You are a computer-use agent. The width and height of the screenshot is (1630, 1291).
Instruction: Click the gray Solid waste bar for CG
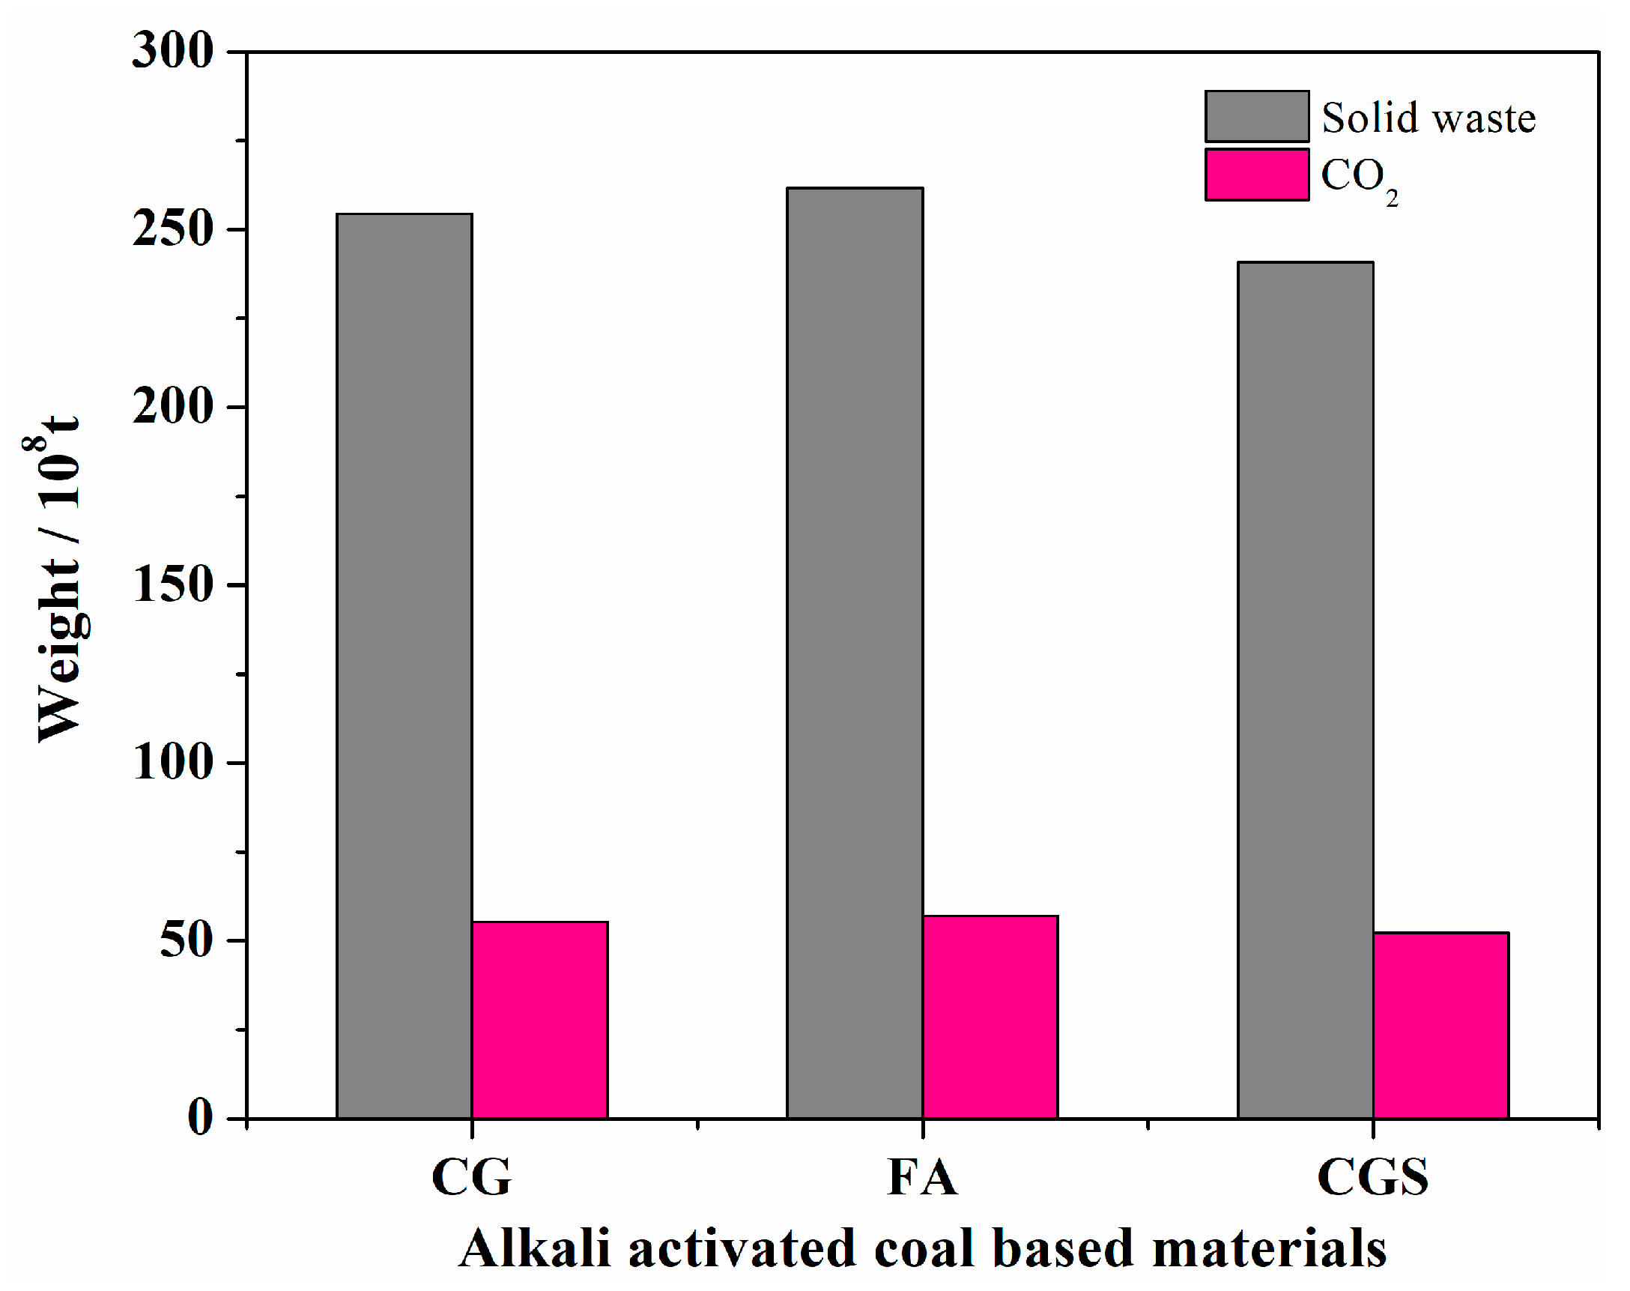click(x=404, y=665)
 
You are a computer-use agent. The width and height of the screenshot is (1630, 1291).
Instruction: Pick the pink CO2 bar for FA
click(x=990, y=1016)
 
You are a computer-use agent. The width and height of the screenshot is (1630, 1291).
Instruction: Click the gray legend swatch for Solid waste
click(x=1256, y=116)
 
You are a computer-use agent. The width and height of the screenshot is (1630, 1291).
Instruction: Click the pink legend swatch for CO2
click(x=1256, y=175)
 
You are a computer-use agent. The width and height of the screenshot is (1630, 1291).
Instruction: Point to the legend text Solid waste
click(x=1428, y=118)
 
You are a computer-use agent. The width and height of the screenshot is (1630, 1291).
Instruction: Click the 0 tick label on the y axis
click(x=200, y=1117)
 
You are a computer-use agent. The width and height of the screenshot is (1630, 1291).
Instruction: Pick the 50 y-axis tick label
click(x=186, y=940)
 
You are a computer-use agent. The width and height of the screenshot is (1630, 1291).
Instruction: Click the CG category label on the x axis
click(x=471, y=1177)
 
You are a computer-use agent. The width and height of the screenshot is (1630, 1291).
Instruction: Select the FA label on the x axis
click(x=922, y=1177)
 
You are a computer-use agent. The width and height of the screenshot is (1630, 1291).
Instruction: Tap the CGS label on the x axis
click(x=1372, y=1177)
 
